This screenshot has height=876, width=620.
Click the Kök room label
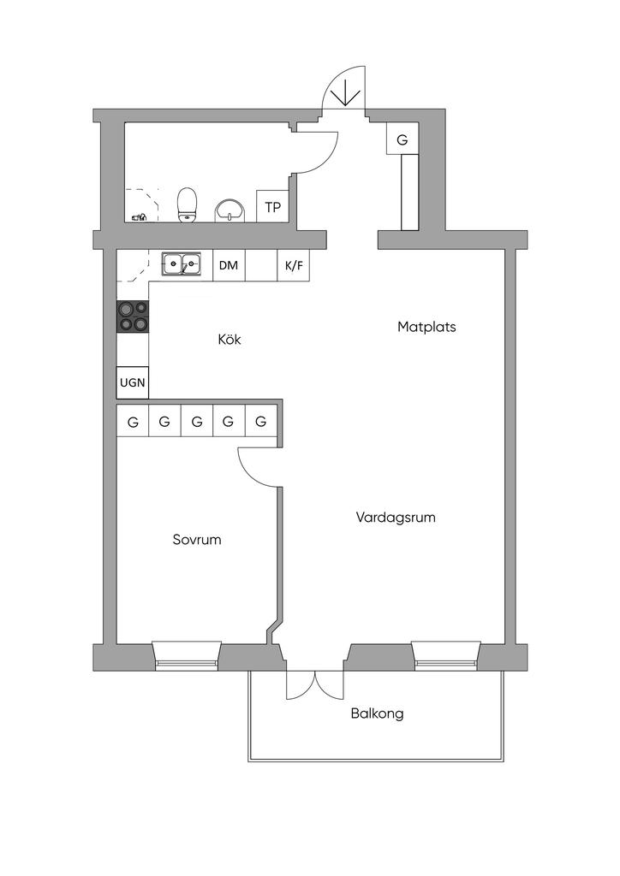[230, 339]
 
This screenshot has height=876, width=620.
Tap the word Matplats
[426, 327]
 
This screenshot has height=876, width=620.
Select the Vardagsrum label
[396, 518]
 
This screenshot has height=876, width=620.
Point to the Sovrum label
[197, 540]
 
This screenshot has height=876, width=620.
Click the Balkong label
[378, 714]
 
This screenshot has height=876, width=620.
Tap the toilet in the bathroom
[188, 204]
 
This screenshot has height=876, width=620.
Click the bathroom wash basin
[230, 210]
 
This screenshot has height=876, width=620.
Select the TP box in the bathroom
[273, 206]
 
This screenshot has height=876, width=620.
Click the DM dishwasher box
[229, 265]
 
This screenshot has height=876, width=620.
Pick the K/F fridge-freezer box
[294, 265]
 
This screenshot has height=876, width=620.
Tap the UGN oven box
[133, 382]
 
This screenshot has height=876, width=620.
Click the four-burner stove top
[133, 317]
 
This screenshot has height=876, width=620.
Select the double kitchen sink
[182, 263]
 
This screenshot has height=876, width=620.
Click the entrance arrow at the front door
[346, 92]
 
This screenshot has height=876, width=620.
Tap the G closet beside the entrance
[402, 139]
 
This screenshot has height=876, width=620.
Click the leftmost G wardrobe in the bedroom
[133, 421]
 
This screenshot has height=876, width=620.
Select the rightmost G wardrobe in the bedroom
[260, 421]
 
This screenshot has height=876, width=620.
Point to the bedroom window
[187, 654]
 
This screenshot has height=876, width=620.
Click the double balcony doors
[315, 685]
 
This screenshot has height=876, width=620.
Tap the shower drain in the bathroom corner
[139, 216]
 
